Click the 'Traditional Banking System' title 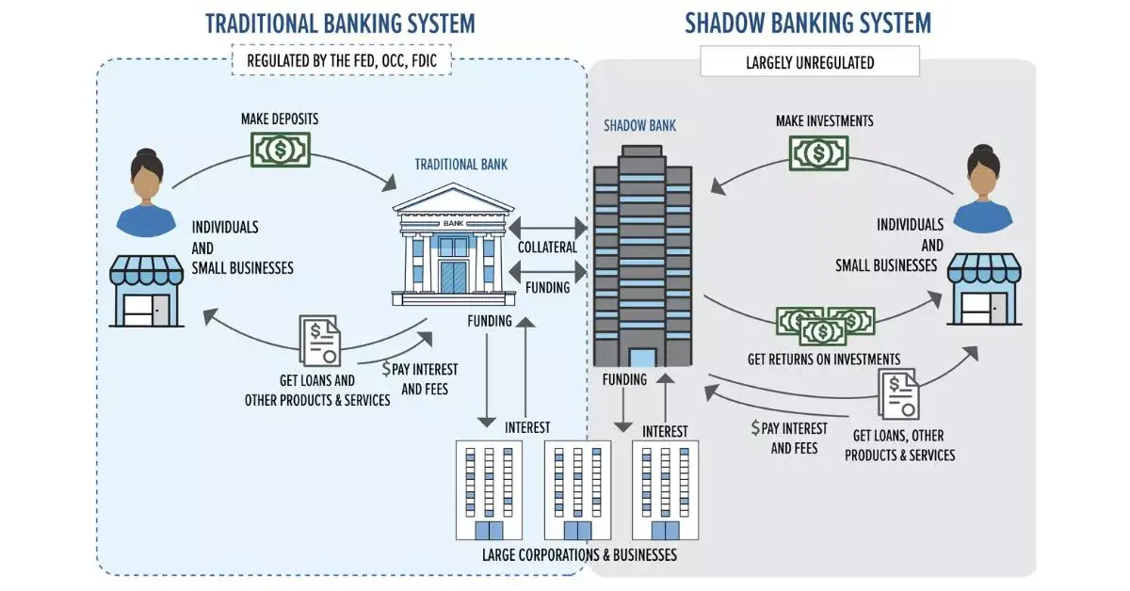[340, 24]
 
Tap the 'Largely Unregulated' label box [810, 63]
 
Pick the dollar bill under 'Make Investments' [818, 152]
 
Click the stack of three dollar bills [826, 325]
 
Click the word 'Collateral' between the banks [547, 247]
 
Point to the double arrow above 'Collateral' [547, 227]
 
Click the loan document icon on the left [321, 340]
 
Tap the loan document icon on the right [899, 393]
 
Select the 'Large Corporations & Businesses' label [579, 554]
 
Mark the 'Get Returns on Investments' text [824, 359]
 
